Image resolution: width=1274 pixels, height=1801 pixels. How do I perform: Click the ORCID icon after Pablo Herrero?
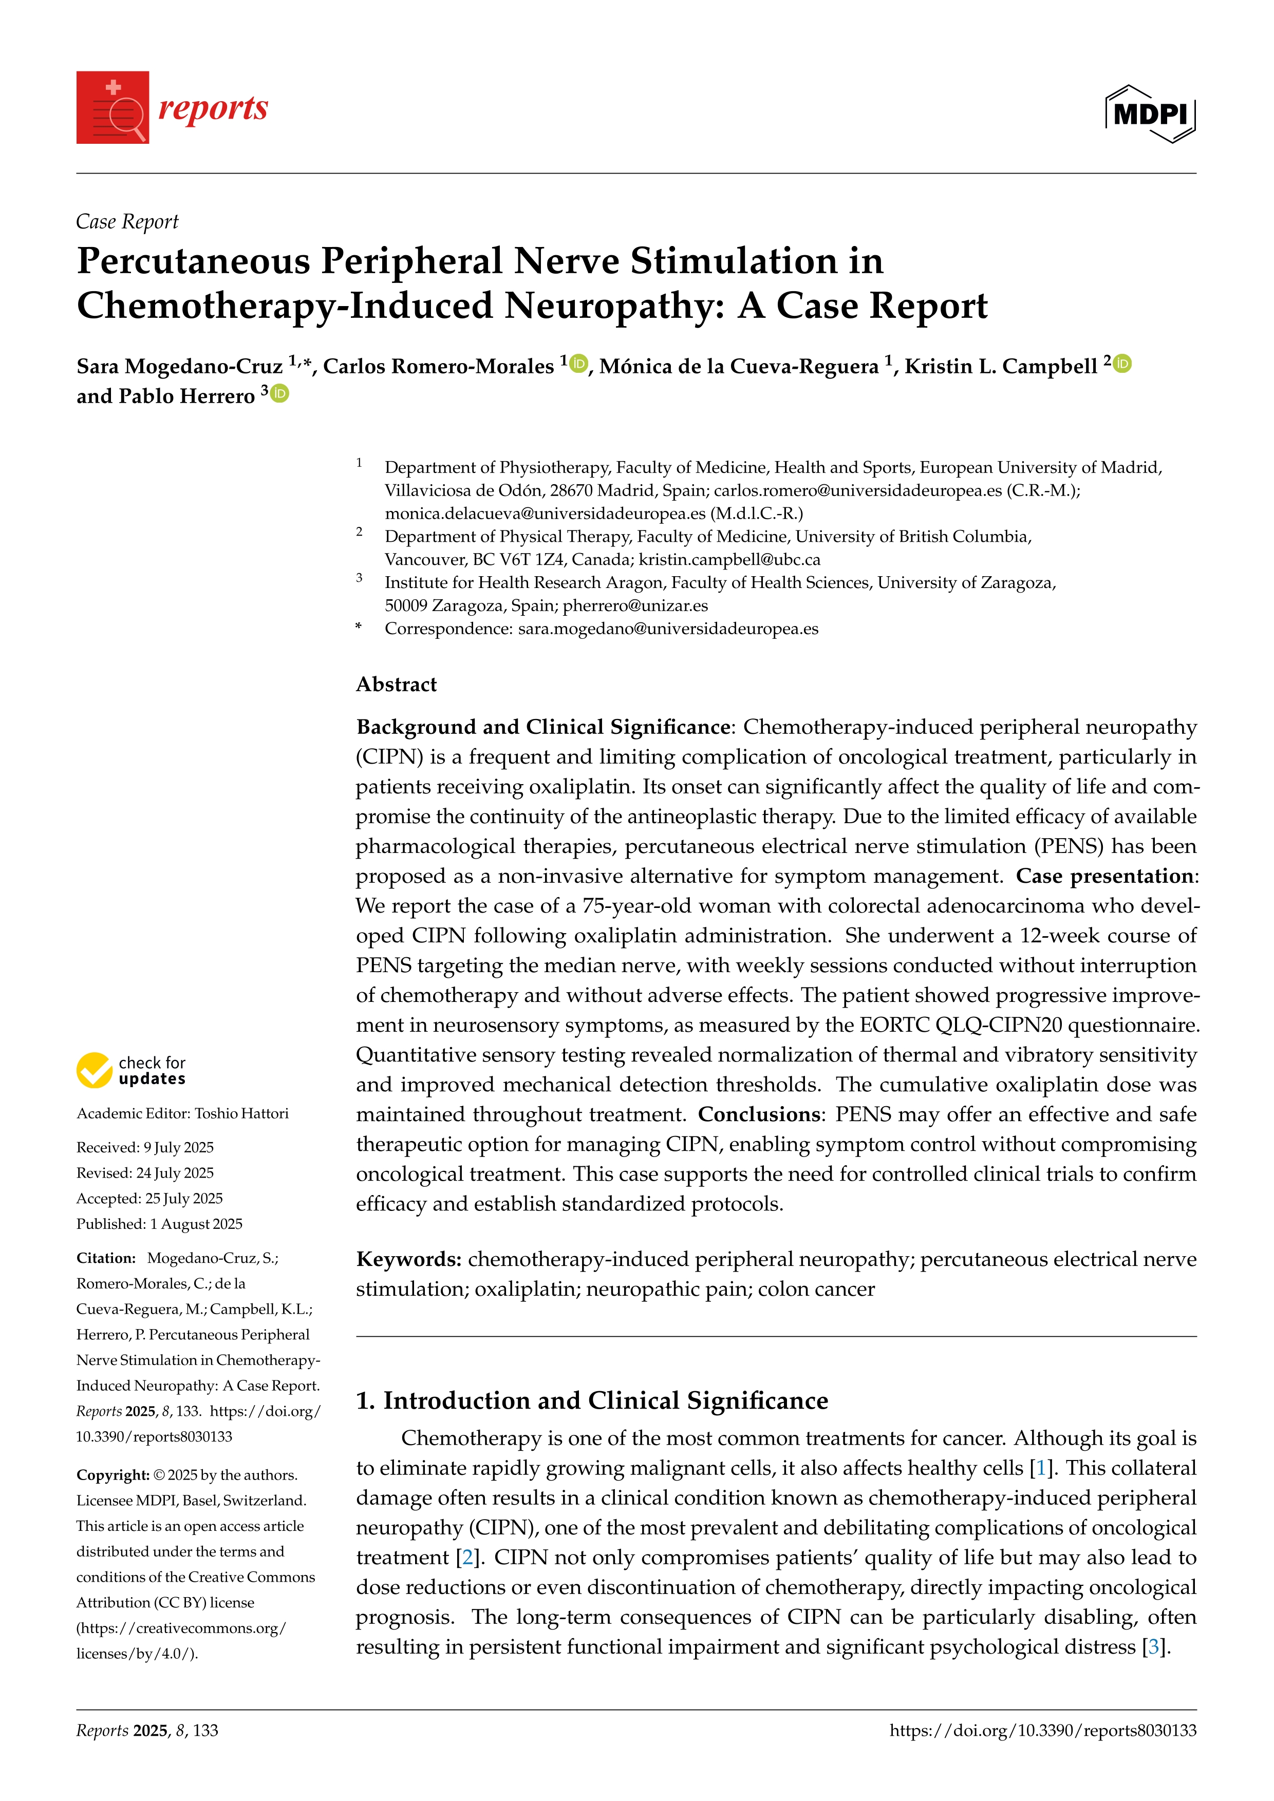(280, 394)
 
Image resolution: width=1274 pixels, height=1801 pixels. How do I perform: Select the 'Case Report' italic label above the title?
(127, 222)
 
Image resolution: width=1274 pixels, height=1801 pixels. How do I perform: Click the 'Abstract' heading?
(396, 685)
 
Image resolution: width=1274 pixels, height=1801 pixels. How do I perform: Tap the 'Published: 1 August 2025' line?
(159, 1224)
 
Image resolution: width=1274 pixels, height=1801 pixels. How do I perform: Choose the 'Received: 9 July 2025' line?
(145, 1148)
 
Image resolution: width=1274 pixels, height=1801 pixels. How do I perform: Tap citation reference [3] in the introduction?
(1153, 1647)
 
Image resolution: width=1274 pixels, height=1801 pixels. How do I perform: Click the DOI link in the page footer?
(1043, 1731)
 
